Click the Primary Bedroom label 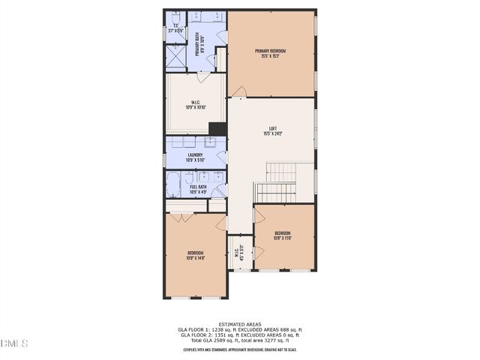[x=271, y=53]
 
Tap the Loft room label [x=271, y=131]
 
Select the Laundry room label [x=195, y=157]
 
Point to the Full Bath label [x=197, y=189]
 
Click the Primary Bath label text [x=198, y=44]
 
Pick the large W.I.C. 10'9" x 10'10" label [x=195, y=105]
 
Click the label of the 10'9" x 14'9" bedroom [x=195, y=256]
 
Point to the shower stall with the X [x=174, y=57]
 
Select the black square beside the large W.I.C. [x=217, y=128]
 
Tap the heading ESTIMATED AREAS [x=239, y=324]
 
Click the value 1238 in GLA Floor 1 [x=218, y=329]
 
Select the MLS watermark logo [x=14, y=343]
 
